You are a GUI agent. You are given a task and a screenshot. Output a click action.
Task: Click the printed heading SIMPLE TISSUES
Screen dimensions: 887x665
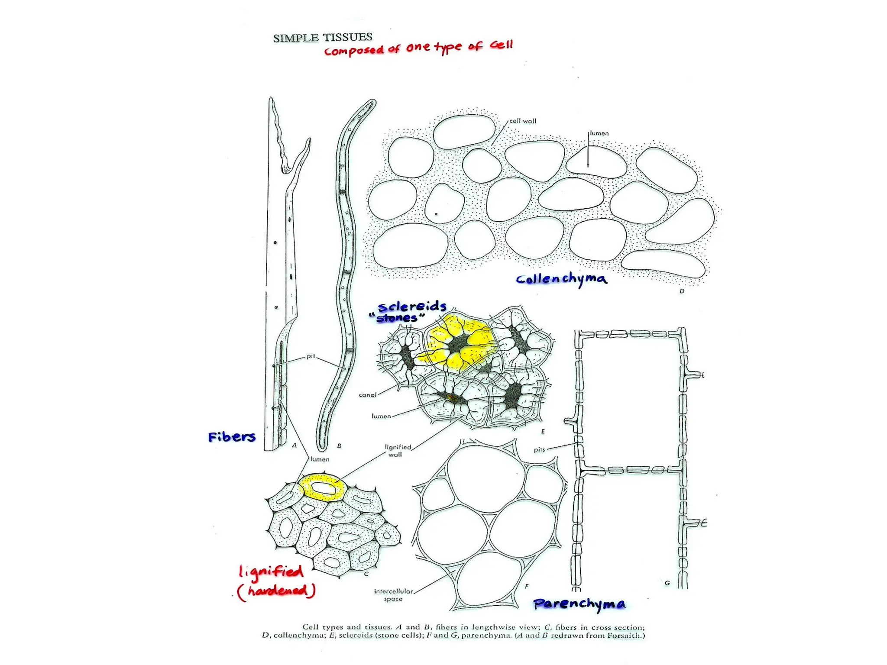point(322,38)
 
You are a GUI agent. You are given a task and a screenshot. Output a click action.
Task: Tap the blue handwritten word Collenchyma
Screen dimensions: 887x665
point(561,279)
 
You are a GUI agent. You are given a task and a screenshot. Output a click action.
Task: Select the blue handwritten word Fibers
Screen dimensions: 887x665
point(232,437)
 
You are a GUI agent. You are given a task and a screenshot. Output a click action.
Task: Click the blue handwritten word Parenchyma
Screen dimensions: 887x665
point(579,604)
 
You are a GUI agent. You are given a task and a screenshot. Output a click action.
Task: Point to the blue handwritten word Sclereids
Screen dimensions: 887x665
point(412,307)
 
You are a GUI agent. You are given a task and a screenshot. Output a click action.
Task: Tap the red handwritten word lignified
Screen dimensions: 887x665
point(271,572)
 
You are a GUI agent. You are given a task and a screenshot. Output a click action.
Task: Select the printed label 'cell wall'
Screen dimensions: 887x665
point(522,121)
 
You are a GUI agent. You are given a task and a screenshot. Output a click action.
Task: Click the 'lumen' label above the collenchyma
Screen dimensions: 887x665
point(599,133)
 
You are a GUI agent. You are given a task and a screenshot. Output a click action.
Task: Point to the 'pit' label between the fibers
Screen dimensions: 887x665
point(311,356)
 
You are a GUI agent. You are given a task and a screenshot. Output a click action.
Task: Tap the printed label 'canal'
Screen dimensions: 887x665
point(367,395)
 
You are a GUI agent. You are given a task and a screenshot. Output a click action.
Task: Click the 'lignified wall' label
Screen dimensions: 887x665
point(397,451)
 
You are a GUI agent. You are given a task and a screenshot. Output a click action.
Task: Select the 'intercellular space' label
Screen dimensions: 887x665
point(393,595)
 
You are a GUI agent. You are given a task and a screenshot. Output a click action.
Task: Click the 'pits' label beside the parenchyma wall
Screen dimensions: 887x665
point(539,449)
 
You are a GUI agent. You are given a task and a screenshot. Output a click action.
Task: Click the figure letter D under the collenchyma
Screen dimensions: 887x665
point(682,291)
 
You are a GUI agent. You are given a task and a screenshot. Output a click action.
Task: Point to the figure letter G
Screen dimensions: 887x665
point(667,583)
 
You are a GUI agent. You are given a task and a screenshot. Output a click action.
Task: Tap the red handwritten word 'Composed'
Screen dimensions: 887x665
point(354,51)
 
